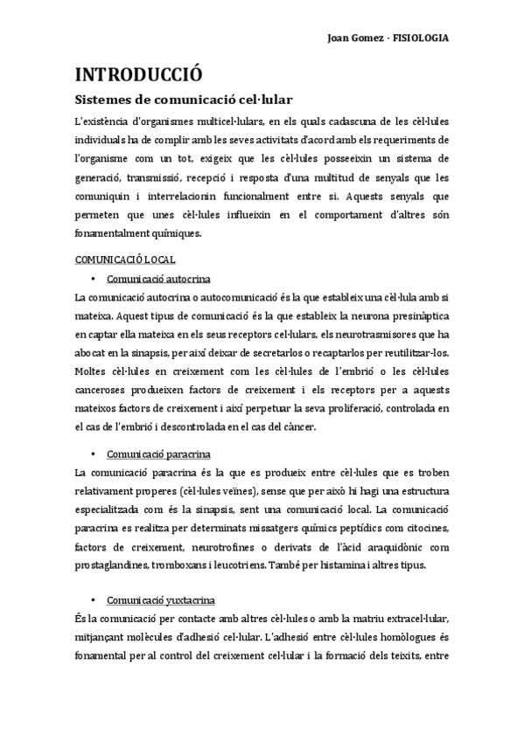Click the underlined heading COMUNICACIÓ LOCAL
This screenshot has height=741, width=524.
click(125, 259)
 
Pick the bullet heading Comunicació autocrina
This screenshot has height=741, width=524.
click(158, 279)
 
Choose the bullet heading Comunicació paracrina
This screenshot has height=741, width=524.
click(158, 454)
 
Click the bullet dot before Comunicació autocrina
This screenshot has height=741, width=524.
click(93, 279)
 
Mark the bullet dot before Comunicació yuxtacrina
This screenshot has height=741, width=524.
click(93, 601)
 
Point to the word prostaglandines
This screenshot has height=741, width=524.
click(114, 564)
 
